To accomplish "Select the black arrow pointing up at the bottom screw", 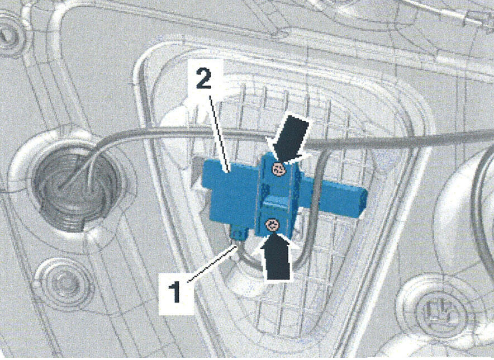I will point(275,257).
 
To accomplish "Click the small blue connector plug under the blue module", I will point(239,233).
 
